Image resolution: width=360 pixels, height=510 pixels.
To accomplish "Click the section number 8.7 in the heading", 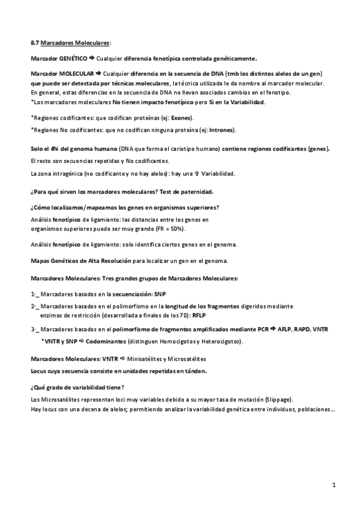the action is [34, 44].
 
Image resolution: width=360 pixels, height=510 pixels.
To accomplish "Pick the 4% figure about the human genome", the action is [53, 149].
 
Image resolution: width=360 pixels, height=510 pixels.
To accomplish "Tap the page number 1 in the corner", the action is [333, 485].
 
